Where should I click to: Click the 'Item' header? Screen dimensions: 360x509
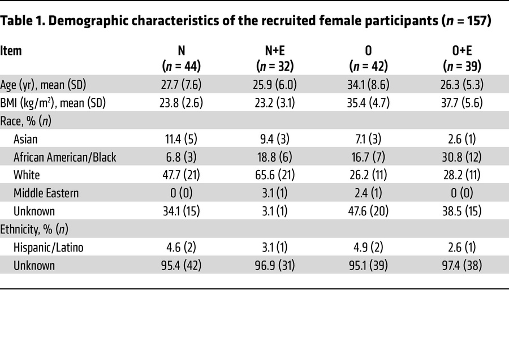click(11, 51)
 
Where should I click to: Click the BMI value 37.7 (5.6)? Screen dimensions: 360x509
click(463, 103)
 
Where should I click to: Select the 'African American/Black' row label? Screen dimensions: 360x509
click(64, 157)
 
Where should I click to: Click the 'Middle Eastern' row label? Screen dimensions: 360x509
click(46, 193)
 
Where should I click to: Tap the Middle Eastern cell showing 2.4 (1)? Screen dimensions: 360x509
click(369, 193)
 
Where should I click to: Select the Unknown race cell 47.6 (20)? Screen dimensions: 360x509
click(369, 211)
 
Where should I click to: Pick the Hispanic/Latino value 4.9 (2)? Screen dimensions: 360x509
click(369, 247)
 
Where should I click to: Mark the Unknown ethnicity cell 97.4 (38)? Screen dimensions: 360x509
click(463, 265)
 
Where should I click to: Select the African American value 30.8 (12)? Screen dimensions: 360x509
click(463, 157)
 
